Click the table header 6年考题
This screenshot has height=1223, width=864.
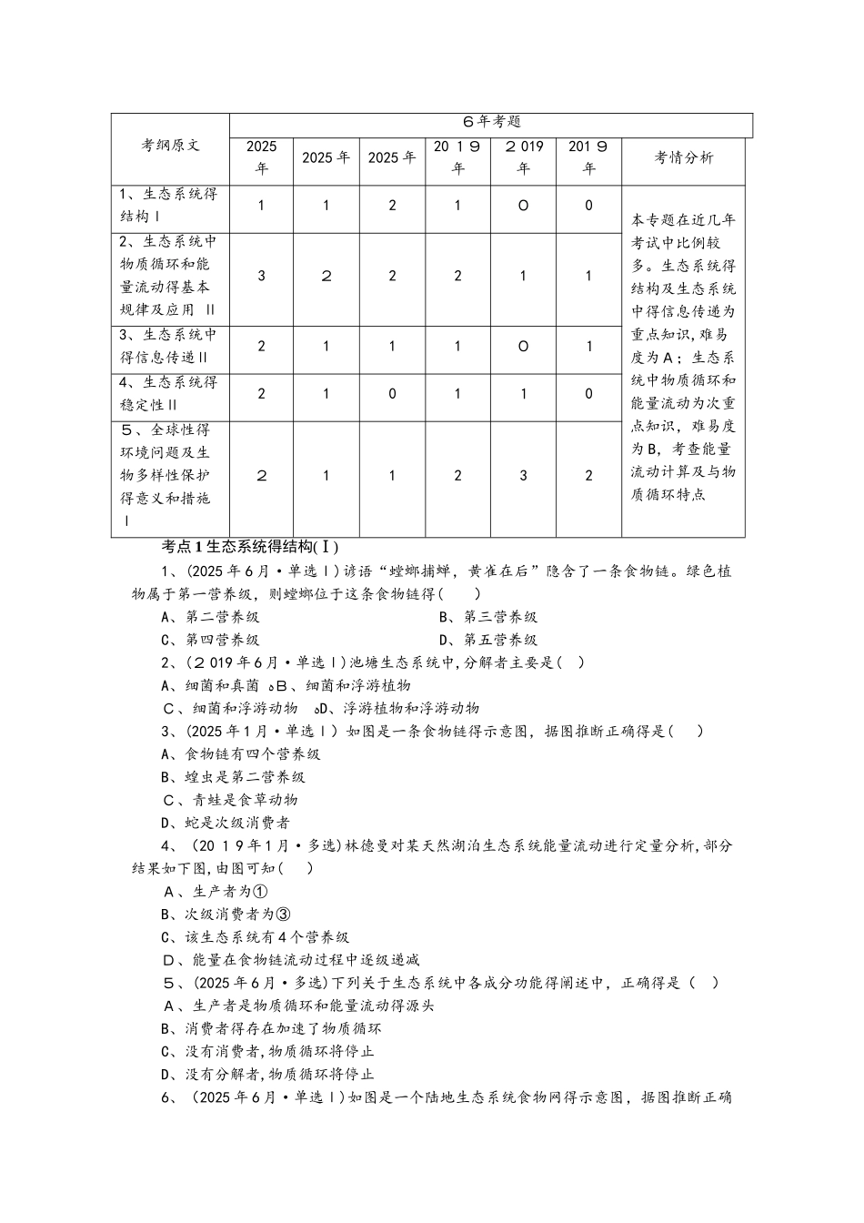[x=491, y=122]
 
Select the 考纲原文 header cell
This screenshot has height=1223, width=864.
[x=170, y=145]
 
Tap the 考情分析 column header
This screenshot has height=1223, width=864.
[x=684, y=157]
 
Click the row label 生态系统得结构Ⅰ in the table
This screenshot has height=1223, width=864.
[x=169, y=206]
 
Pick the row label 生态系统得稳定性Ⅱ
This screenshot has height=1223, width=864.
[x=169, y=393]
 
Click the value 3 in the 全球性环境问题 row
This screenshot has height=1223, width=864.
[x=523, y=475]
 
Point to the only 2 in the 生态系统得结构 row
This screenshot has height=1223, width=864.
[x=392, y=206]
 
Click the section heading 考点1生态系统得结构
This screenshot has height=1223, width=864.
[x=249, y=547]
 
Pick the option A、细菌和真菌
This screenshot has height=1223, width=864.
[x=210, y=685]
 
